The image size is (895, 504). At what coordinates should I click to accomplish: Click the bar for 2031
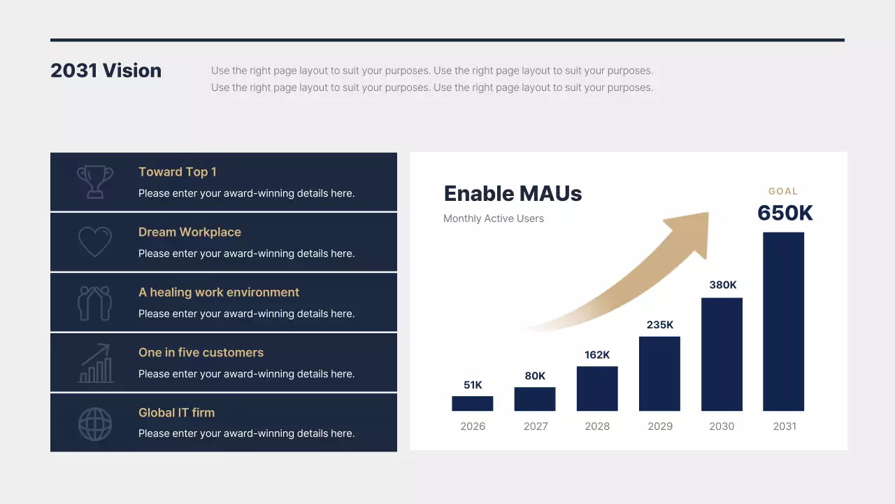(x=783, y=321)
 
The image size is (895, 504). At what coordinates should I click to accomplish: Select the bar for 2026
(x=473, y=403)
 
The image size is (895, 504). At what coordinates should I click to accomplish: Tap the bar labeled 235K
(x=659, y=373)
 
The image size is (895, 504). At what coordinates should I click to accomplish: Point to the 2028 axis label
(x=597, y=426)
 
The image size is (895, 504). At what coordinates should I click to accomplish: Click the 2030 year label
(x=722, y=426)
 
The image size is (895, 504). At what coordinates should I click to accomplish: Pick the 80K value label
(x=535, y=376)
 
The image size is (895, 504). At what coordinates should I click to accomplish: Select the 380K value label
(x=723, y=285)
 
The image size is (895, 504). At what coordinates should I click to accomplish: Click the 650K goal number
(x=785, y=213)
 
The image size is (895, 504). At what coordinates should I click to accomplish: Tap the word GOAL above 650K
(x=783, y=191)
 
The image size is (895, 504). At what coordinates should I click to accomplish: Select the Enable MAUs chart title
(x=513, y=194)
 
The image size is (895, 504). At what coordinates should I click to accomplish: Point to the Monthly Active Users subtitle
(x=493, y=218)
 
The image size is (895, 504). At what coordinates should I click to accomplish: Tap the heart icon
(x=95, y=242)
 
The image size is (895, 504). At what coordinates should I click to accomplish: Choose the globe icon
(x=95, y=423)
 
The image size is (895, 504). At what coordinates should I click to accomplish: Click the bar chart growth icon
(x=95, y=363)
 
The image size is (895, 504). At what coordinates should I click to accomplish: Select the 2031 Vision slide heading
(x=106, y=71)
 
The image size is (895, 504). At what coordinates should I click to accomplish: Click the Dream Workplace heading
(x=189, y=232)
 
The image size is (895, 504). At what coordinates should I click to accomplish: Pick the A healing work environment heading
(x=218, y=293)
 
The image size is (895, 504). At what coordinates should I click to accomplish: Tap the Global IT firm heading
(x=176, y=413)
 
